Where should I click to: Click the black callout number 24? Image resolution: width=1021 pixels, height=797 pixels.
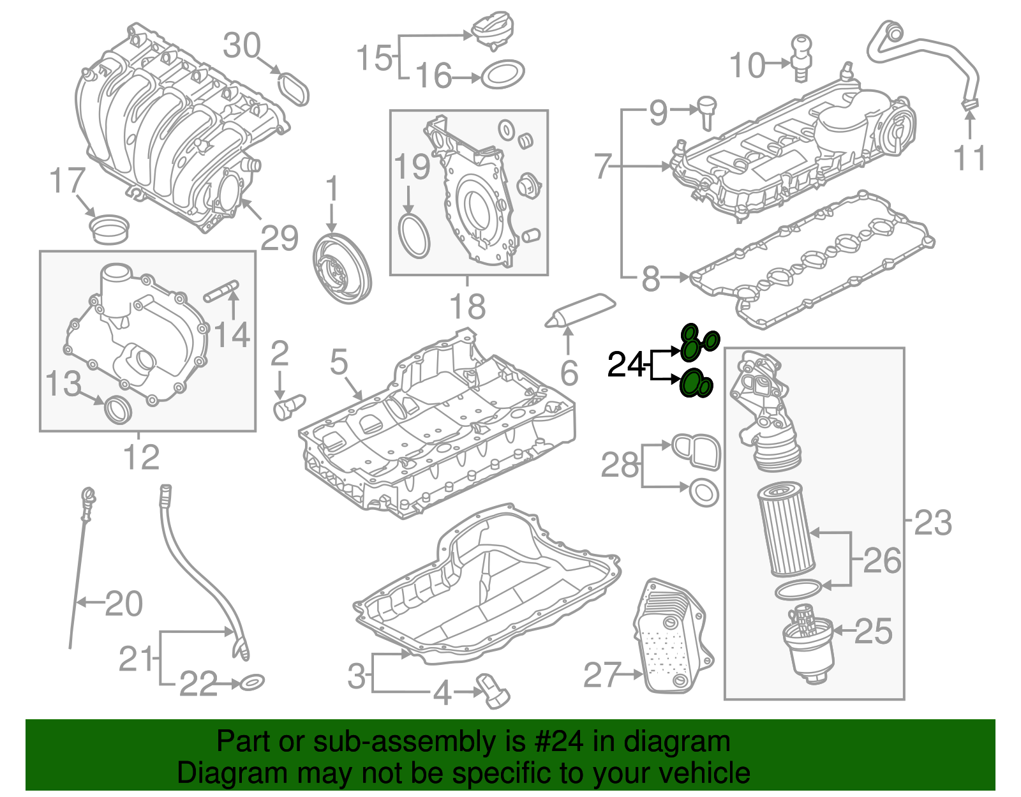pyautogui.click(x=627, y=365)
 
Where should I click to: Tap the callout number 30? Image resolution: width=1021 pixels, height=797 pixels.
pyautogui.click(x=242, y=46)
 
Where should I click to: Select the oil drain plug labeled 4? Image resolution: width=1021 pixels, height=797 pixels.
pyautogui.click(x=493, y=692)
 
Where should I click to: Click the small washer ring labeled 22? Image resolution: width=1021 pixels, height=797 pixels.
pyautogui.click(x=252, y=683)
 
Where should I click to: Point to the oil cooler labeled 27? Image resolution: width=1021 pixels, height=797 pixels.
pyautogui.click(x=672, y=637)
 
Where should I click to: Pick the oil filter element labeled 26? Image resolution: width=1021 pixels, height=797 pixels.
pyautogui.click(x=786, y=529)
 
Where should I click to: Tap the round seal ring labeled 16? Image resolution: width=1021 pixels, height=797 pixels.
pyautogui.click(x=502, y=75)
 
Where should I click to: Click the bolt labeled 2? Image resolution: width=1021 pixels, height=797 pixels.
pyautogui.click(x=288, y=406)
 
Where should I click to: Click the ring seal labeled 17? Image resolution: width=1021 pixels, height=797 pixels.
pyautogui.click(x=108, y=228)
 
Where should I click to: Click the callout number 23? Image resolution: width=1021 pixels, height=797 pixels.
pyautogui.click(x=932, y=523)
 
